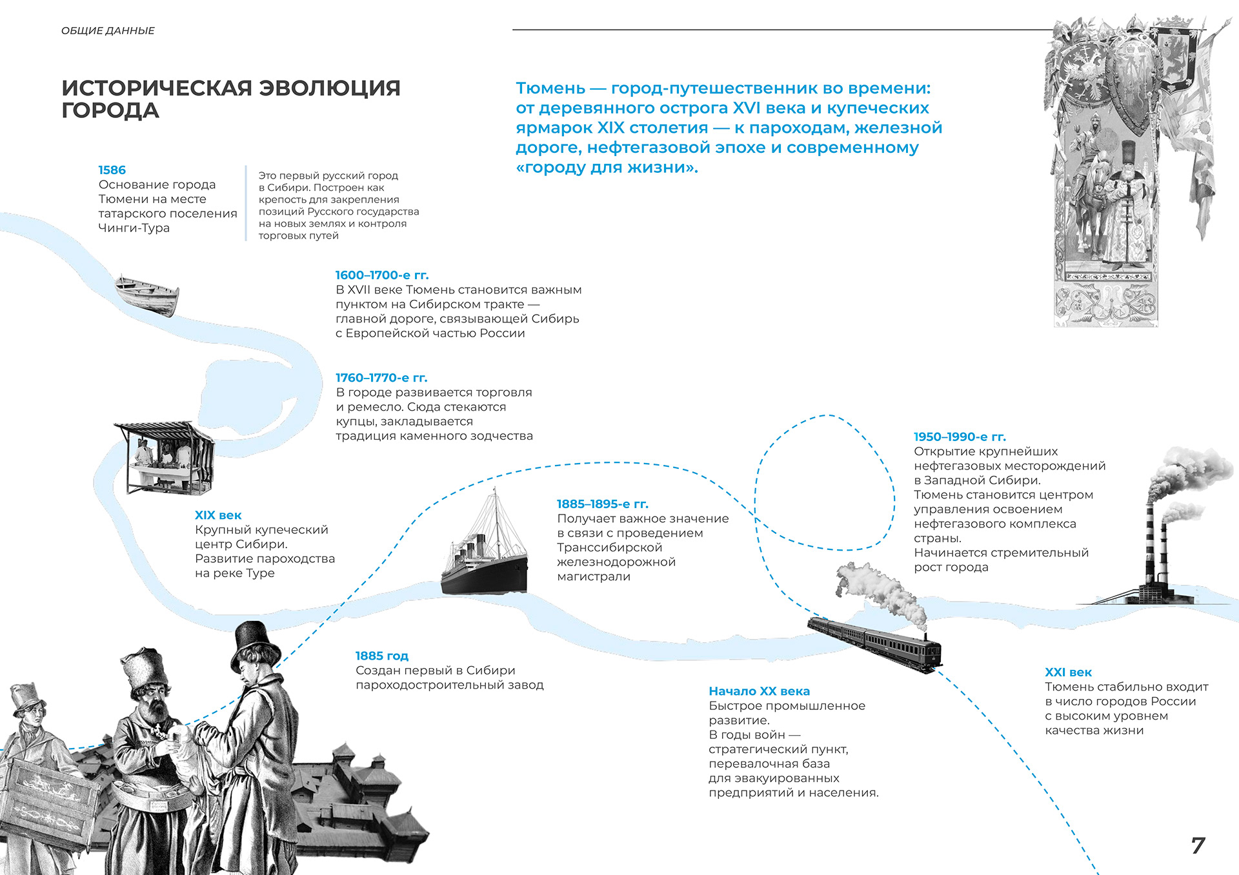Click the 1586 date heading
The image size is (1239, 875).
(112, 170)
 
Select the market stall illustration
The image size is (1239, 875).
(165, 457)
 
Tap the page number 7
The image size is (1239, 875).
(1198, 845)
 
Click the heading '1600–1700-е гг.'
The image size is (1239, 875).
(381, 275)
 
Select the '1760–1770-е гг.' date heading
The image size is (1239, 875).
(381, 378)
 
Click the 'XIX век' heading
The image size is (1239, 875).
(218, 515)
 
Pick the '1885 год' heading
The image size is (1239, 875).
(381, 656)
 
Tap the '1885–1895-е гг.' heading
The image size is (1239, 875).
(602, 504)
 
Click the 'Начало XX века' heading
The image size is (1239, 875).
(759, 691)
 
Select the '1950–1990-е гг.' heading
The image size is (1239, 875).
(960, 437)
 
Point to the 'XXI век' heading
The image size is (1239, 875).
(1068, 673)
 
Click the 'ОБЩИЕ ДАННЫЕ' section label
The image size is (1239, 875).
(108, 31)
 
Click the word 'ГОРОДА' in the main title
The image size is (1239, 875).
(110, 110)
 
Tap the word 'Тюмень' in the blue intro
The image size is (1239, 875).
(550, 88)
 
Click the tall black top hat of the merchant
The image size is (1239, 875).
(257, 640)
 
